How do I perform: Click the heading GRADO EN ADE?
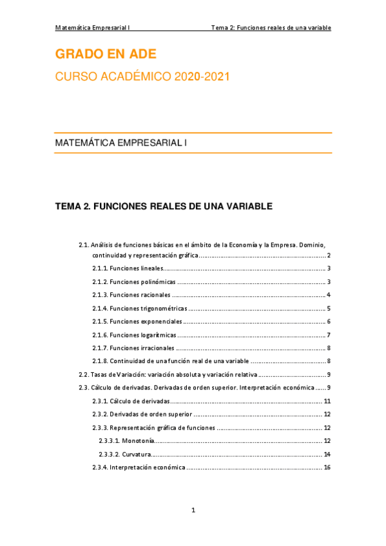106,54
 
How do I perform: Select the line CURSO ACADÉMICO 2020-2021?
142,77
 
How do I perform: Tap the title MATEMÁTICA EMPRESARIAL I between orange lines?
121,143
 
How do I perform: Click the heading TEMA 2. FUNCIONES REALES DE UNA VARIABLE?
164,207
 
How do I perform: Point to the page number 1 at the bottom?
193,511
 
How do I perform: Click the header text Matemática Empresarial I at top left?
93,28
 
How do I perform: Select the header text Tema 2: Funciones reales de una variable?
271,28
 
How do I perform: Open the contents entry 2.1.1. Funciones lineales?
128,268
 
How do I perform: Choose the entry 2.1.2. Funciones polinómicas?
134,282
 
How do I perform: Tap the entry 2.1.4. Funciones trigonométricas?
140,308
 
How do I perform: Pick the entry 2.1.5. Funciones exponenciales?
137,321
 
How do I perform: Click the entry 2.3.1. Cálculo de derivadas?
131,401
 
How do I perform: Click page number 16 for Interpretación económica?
327,467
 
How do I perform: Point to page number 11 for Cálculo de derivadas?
327,401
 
